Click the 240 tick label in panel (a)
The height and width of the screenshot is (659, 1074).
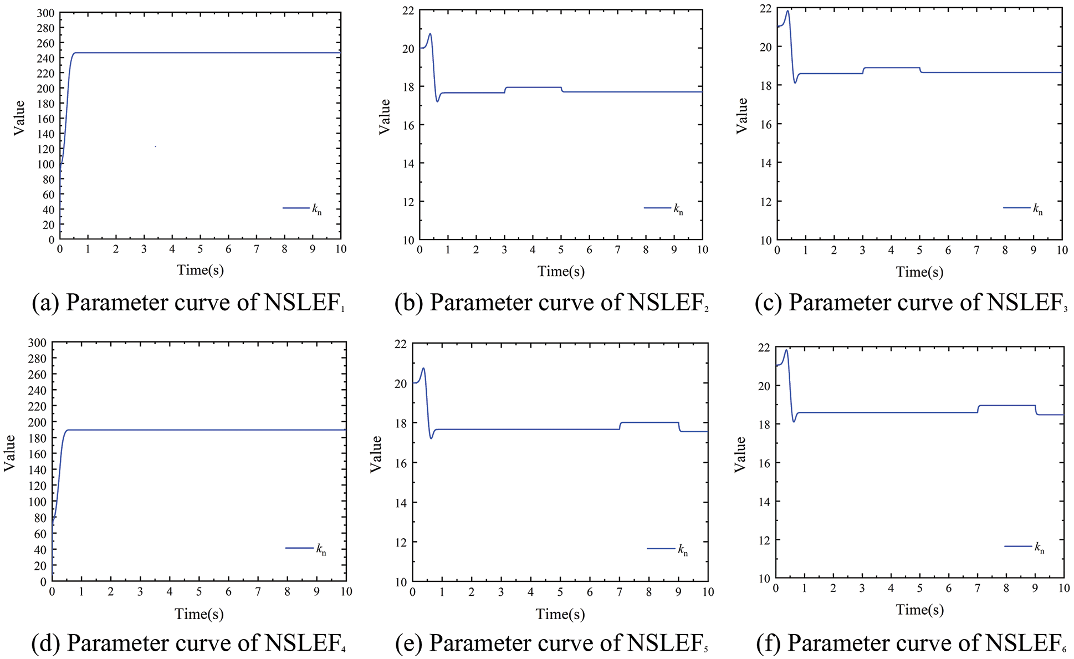46,58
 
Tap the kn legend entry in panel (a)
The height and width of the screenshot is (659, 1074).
303,208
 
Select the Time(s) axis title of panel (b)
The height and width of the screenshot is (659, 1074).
561,271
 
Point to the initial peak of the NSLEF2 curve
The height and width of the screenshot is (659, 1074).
429,34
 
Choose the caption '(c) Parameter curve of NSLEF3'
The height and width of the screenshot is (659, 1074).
911,303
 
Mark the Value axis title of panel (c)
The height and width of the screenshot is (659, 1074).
741,115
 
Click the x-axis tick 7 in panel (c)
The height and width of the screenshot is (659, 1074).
976,251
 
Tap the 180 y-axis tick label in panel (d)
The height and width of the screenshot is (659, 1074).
37,438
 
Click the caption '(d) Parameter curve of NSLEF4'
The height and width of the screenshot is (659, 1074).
188,643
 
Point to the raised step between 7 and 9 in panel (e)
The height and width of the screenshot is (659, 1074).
649,422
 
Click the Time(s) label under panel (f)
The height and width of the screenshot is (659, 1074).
919,610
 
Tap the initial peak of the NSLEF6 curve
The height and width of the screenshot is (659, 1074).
786,350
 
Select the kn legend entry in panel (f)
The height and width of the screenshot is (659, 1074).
1025,547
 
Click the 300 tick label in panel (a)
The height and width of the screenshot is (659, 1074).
46,13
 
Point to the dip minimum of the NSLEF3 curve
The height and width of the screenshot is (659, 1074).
795,83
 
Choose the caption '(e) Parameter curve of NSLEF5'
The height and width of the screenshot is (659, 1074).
551,643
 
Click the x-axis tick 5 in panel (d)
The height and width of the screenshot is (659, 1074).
199,592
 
